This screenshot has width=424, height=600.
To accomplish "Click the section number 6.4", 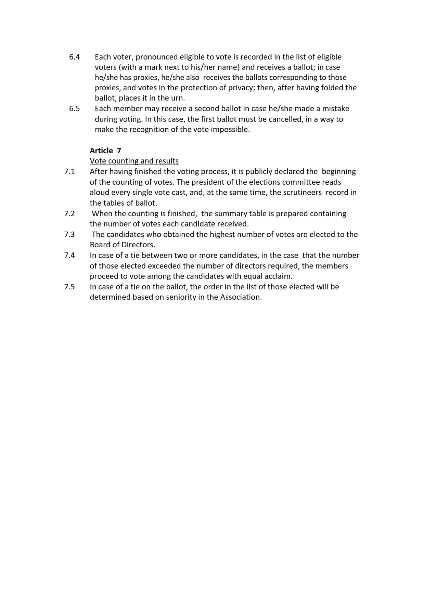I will click(74, 57).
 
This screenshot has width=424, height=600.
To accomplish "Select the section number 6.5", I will click(74, 109).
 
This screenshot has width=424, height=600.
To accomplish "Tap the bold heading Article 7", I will click(105, 151).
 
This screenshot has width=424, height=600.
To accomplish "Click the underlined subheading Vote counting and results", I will click(134, 161).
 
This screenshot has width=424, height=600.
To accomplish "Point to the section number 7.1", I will click(69, 172).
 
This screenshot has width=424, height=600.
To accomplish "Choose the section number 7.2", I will click(69, 214).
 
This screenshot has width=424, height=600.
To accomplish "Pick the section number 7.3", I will click(69, 235).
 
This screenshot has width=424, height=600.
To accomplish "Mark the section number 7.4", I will click(69, 256).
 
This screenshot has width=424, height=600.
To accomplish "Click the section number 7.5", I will click(69, 287).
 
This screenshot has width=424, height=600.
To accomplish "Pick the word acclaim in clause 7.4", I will click(278, 276).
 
